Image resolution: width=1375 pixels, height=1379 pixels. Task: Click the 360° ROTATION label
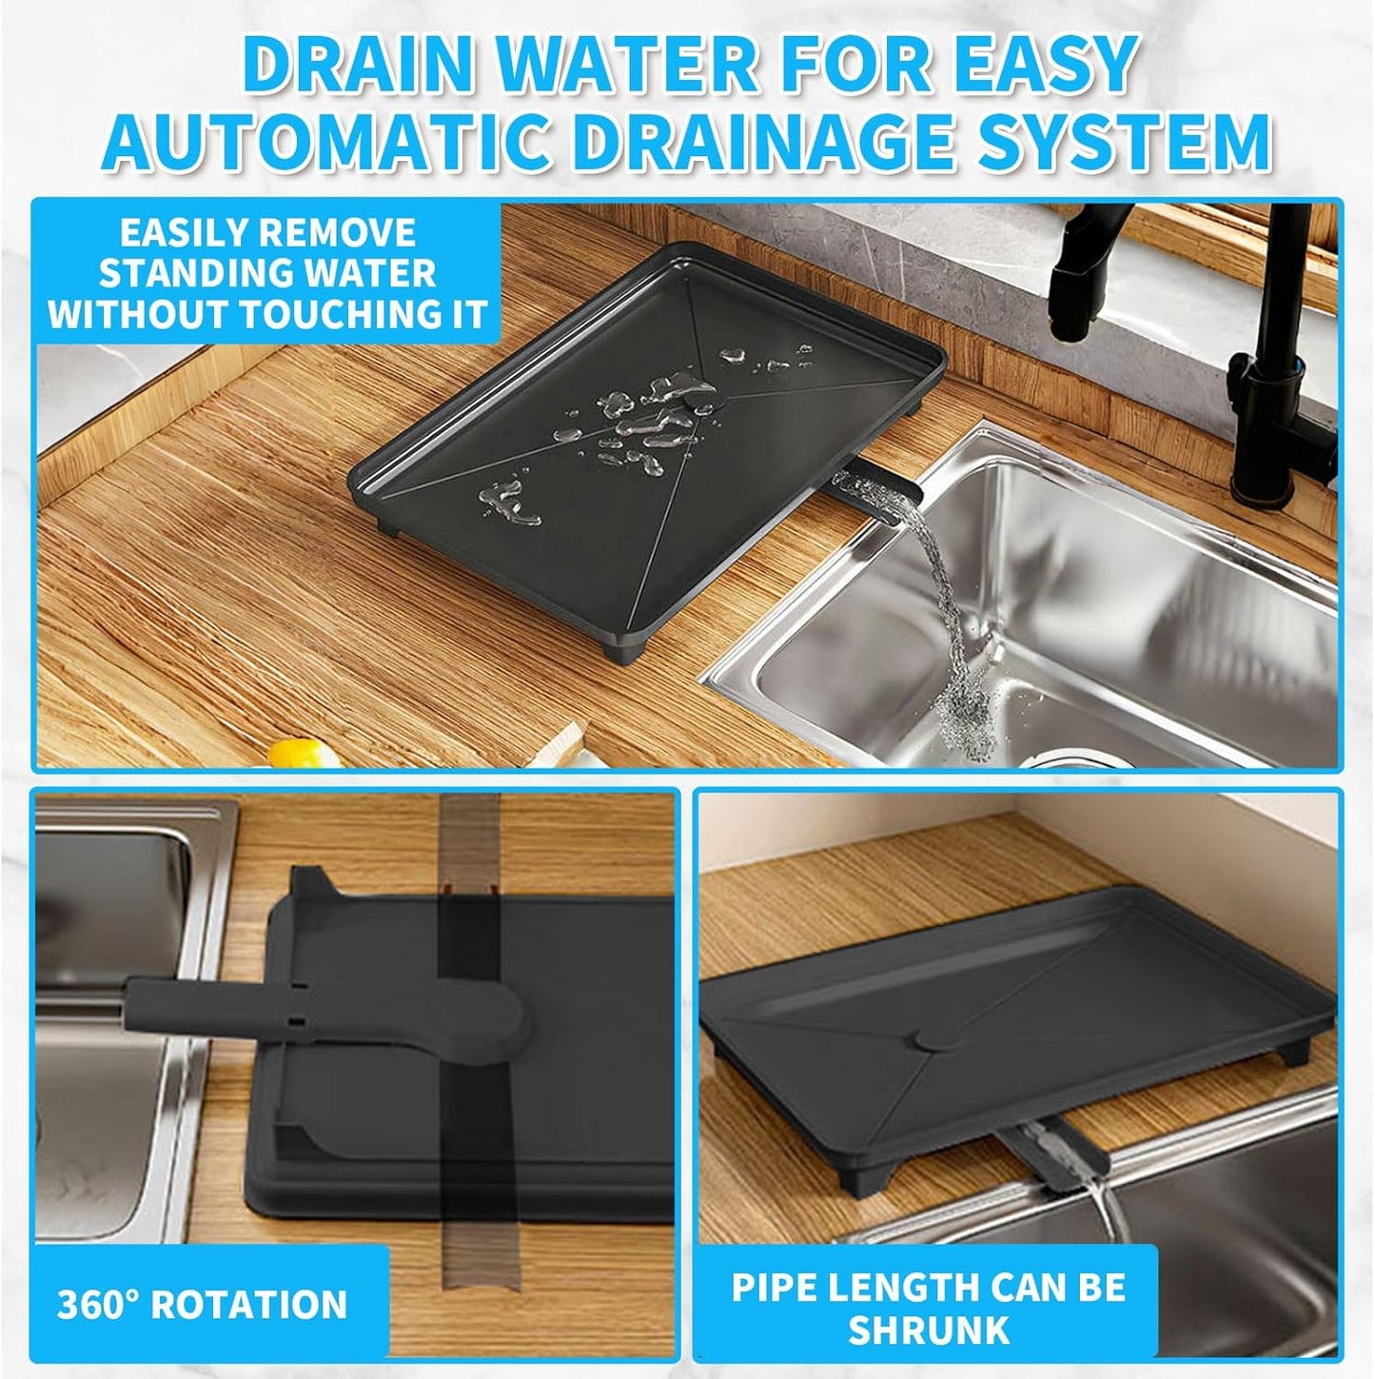pyautogui.click(x=203, y=1304)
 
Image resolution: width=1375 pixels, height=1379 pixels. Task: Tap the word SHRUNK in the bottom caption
pyautogui.click(x=928, y=1330)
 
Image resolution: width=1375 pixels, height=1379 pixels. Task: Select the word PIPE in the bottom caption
pyautogui.click(x=774, y=1288)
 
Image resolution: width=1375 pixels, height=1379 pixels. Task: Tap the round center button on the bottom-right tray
pyautogui.click(x=931, y=1040)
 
